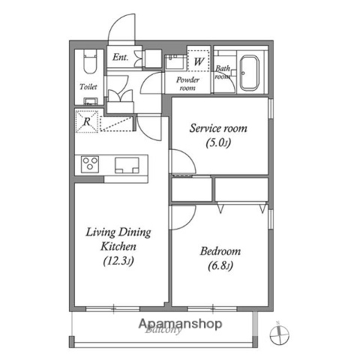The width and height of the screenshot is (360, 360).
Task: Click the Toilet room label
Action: point(88,86)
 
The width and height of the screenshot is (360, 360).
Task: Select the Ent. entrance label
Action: point(120,57)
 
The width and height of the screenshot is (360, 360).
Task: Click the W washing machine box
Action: point(199,61)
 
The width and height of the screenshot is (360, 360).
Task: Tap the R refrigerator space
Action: point(88,121)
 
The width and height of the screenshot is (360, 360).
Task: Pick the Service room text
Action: point(218,128)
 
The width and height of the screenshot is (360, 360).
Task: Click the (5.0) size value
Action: point(218,143)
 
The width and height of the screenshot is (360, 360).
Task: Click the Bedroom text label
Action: point(220,251)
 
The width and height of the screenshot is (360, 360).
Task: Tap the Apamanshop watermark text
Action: point(180,324)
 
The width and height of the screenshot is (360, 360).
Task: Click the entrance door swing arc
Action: point(120,30)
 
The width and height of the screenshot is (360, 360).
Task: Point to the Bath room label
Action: point(223,72)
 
